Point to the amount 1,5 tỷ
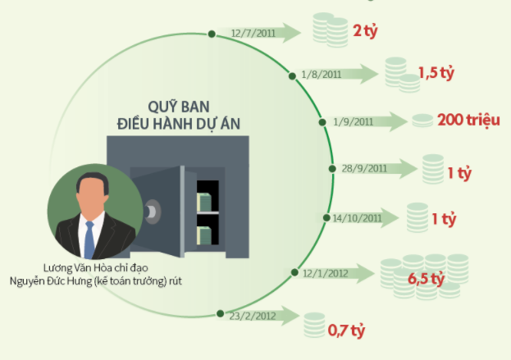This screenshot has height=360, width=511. tap(436, 72)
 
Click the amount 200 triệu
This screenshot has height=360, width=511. tap(468, 121)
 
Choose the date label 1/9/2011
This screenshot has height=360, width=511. tap(353, 122)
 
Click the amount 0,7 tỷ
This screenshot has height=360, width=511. tap(345, 331)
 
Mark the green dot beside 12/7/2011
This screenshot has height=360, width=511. tap(212, 34)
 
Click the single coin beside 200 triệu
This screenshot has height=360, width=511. tap(422, 121)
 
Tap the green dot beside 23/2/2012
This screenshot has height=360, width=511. tap(219, 313)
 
